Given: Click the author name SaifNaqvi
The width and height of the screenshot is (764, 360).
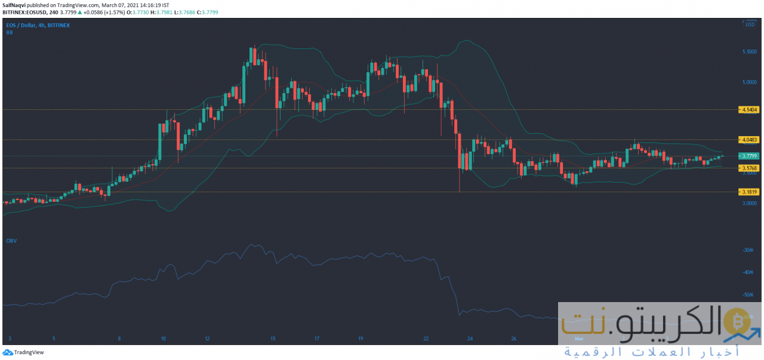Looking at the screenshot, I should tap(14, 4).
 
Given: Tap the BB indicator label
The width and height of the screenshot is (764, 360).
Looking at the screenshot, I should tap(10, 33).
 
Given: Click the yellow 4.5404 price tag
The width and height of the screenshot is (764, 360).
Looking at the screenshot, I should tap(749, 110).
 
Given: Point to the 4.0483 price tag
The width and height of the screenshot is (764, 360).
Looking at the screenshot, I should tap(749, 140).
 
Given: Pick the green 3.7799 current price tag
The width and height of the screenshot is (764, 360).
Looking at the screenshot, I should tap(749, 156).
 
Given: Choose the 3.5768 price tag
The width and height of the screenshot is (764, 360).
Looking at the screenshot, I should tap(749, 168).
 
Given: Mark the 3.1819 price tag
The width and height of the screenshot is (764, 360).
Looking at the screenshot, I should tap(749, 192).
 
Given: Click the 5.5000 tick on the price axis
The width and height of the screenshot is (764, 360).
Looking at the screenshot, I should tap(750, 52).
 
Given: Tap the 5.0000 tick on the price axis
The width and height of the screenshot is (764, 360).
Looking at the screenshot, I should tap(750, 82).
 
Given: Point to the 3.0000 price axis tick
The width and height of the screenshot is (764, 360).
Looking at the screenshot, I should tap(750, 203).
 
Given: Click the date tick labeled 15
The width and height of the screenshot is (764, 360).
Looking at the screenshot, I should tap(273, 339).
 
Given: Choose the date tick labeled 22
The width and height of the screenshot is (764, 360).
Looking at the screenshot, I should tap(426, 339).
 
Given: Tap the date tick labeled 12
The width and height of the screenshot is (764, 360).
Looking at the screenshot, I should tap(207, 339).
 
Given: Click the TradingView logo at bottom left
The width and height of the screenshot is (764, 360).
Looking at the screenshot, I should tap(23, 352).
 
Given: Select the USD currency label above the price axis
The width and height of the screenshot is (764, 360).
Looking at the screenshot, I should tap(750, 24).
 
